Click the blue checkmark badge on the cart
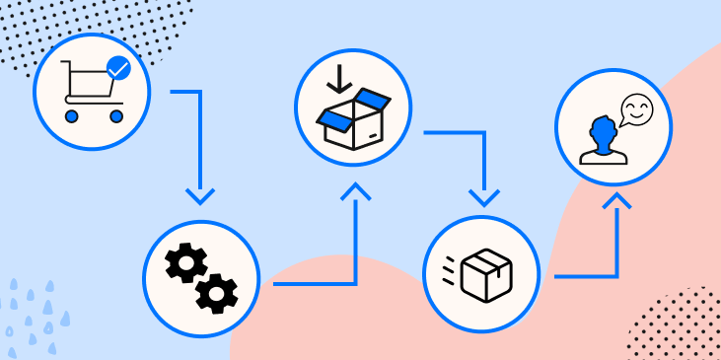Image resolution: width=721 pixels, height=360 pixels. coord(118,68)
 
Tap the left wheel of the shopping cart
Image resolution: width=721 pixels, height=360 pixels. coord(72,116)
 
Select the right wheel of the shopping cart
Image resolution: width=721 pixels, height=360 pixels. coord(116,116)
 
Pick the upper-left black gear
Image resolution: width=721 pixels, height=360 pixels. coord(185,262)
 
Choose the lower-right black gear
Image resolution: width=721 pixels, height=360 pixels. coord(217,293)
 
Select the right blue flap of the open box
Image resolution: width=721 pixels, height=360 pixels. coord(375,100)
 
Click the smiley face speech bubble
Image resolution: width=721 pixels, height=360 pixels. coord(636,109)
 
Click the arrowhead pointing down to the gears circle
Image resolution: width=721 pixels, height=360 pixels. coord(200,195)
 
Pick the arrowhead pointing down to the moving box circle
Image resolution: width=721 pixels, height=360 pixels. coord(483,196)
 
